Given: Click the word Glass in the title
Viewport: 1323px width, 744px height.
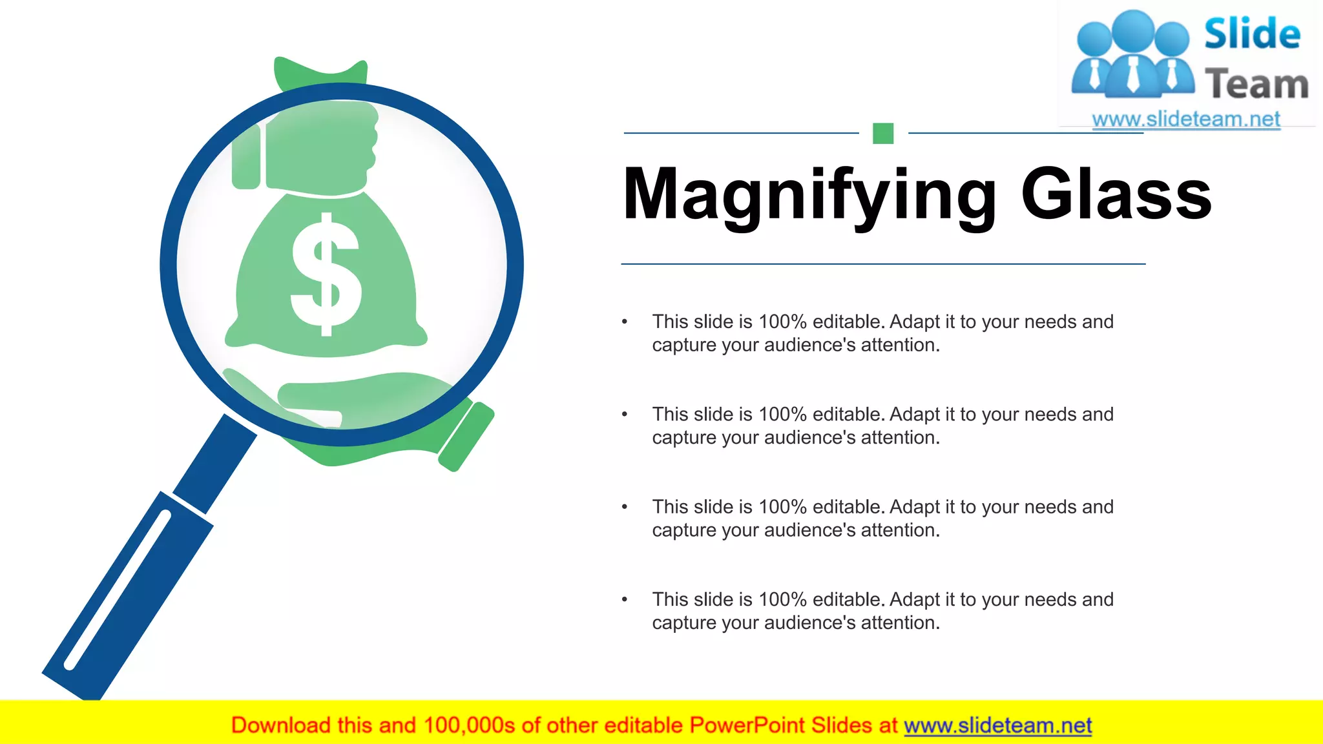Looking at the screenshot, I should coord(1116,194).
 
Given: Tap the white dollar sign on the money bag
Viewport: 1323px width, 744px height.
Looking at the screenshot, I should coord(326,274).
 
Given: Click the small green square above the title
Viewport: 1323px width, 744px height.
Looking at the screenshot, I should coord(882,133).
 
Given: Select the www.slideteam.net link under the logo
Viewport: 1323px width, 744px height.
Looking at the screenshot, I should coord(1185,119).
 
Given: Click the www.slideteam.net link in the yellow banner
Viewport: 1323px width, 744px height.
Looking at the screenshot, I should coord(997,725).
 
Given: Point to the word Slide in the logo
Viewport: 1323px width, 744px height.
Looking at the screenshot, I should coord(1251,34).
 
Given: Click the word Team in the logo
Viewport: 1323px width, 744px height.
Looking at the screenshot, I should coord(1256,85).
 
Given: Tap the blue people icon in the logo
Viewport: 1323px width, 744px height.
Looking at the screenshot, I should coord(1132,55).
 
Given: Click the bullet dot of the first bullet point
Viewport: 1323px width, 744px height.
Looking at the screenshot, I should coord(625,322).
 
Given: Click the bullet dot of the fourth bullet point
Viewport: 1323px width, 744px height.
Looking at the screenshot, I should coord(625,599).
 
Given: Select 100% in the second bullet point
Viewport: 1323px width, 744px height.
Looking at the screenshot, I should coord(782,414).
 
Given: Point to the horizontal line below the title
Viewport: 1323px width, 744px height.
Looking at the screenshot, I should coord(882,263).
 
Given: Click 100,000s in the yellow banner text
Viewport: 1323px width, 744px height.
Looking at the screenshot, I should coord(469,725).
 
